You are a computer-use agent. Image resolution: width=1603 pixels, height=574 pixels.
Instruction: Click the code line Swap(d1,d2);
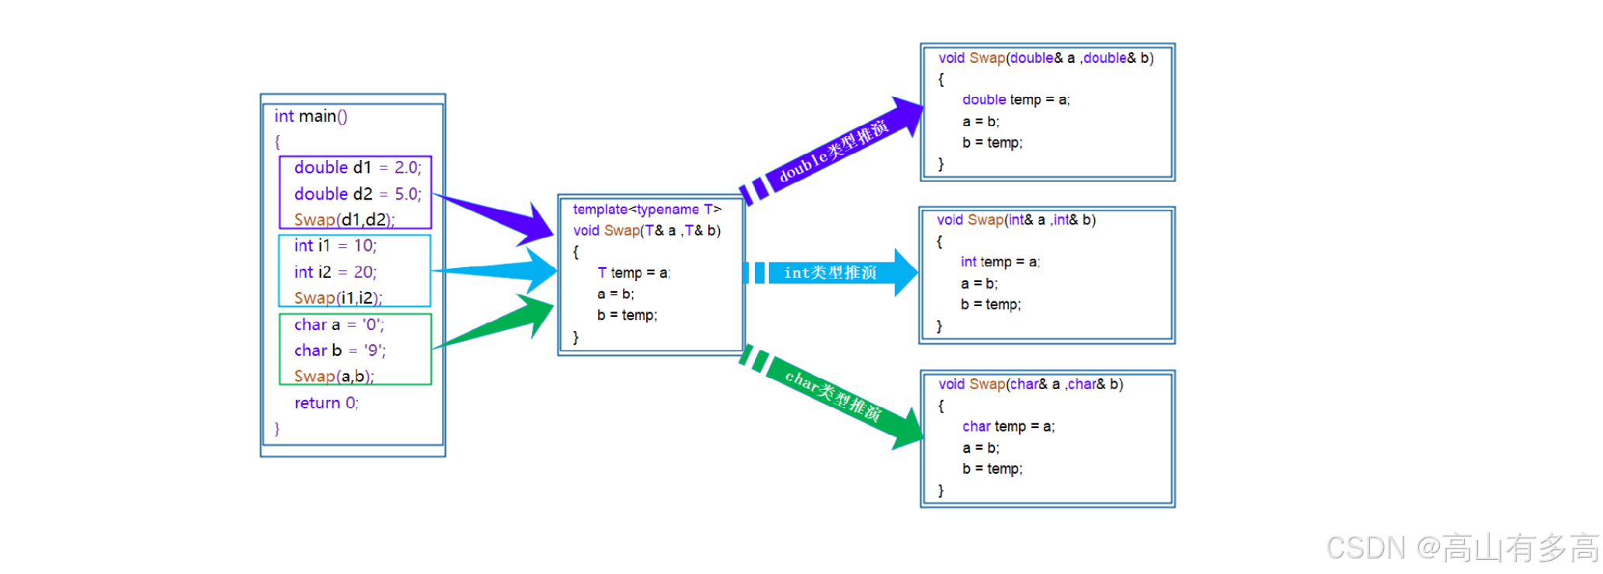pos(344,220)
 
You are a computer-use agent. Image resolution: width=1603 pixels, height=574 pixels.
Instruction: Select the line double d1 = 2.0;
pos(357,168)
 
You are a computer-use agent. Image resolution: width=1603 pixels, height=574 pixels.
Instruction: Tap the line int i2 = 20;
pos(335,272)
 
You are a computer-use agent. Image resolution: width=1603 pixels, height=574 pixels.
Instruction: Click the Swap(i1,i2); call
pos(338,298)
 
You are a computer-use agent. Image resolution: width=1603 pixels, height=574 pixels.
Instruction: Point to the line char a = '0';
pos(339,325)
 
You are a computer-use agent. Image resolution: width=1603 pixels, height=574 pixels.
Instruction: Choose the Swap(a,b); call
pos(334,377)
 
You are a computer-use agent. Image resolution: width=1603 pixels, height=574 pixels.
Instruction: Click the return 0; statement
pos(326,403)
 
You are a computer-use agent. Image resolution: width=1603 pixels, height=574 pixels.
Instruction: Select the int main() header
pos(311,117)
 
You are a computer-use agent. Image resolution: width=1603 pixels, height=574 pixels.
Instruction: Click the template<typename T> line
pos(647,210)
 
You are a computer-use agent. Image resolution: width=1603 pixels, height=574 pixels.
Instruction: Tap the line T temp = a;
pos(634,273)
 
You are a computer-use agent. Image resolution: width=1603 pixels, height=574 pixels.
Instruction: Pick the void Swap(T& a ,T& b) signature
pos(647,231)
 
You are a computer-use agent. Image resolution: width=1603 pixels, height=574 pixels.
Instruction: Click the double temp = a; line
pos(1016,100)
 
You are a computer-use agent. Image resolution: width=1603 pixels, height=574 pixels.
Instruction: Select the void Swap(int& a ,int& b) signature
pos(1016,221)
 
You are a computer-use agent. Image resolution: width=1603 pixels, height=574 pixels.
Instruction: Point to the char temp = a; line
pos(1008,426)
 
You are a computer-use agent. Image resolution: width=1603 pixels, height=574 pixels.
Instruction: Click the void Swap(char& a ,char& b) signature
pos(1031,384)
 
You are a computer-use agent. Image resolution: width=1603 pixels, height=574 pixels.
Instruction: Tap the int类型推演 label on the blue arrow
pos(830,273)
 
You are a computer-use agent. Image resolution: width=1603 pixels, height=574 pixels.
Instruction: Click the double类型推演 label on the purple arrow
pos(833,151)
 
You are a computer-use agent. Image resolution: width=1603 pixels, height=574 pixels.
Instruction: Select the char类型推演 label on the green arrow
pos(833,396)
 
